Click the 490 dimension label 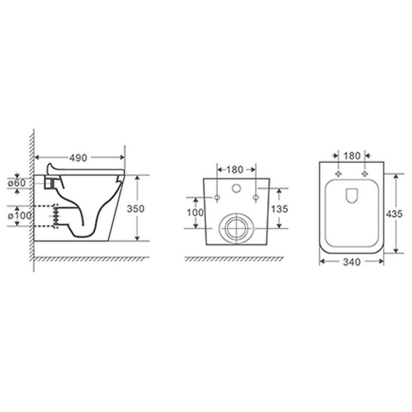coord(78,158)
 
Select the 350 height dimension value coord(135,208)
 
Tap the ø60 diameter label coord(16,183)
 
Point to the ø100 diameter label coord(19,216)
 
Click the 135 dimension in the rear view coord(280,209)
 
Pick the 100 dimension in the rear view coord(195,212)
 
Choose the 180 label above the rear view coord(235,170)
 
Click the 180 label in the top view coord(352,156)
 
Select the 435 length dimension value coord(394,214)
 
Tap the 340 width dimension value coord(352,262)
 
